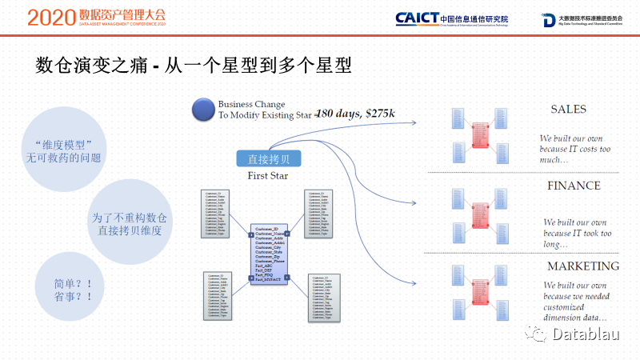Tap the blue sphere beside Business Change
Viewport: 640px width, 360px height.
point(206,110)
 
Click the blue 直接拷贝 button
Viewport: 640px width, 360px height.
point(268,158)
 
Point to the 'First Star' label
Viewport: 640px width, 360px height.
point(267,175)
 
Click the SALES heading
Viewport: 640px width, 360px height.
point(568,109)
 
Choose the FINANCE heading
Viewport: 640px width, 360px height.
point(574,186)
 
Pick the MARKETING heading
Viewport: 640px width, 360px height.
point(582,266)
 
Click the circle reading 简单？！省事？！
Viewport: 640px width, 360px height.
point(67,289)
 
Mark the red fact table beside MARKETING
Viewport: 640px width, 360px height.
point(480,293)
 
